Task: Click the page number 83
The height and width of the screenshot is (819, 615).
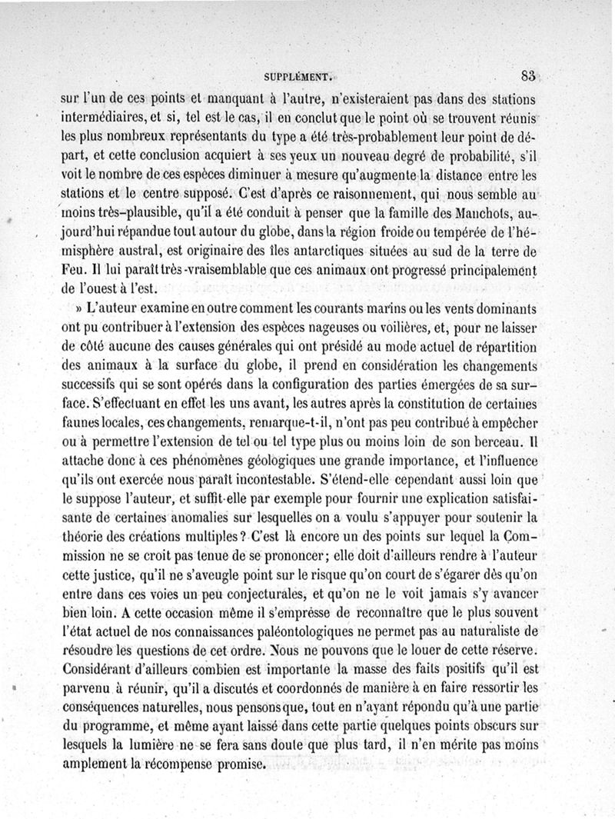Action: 527,75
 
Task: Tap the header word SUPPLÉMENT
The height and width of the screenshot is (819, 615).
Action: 297,77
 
